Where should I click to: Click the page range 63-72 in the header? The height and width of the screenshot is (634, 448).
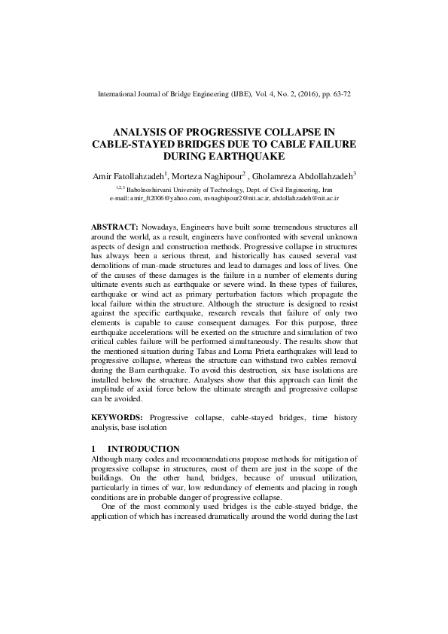[x=340, y=95]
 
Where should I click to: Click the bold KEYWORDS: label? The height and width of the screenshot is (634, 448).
[x=117, y=417]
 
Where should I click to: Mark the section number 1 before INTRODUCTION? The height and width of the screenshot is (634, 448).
[x=93, y=449]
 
